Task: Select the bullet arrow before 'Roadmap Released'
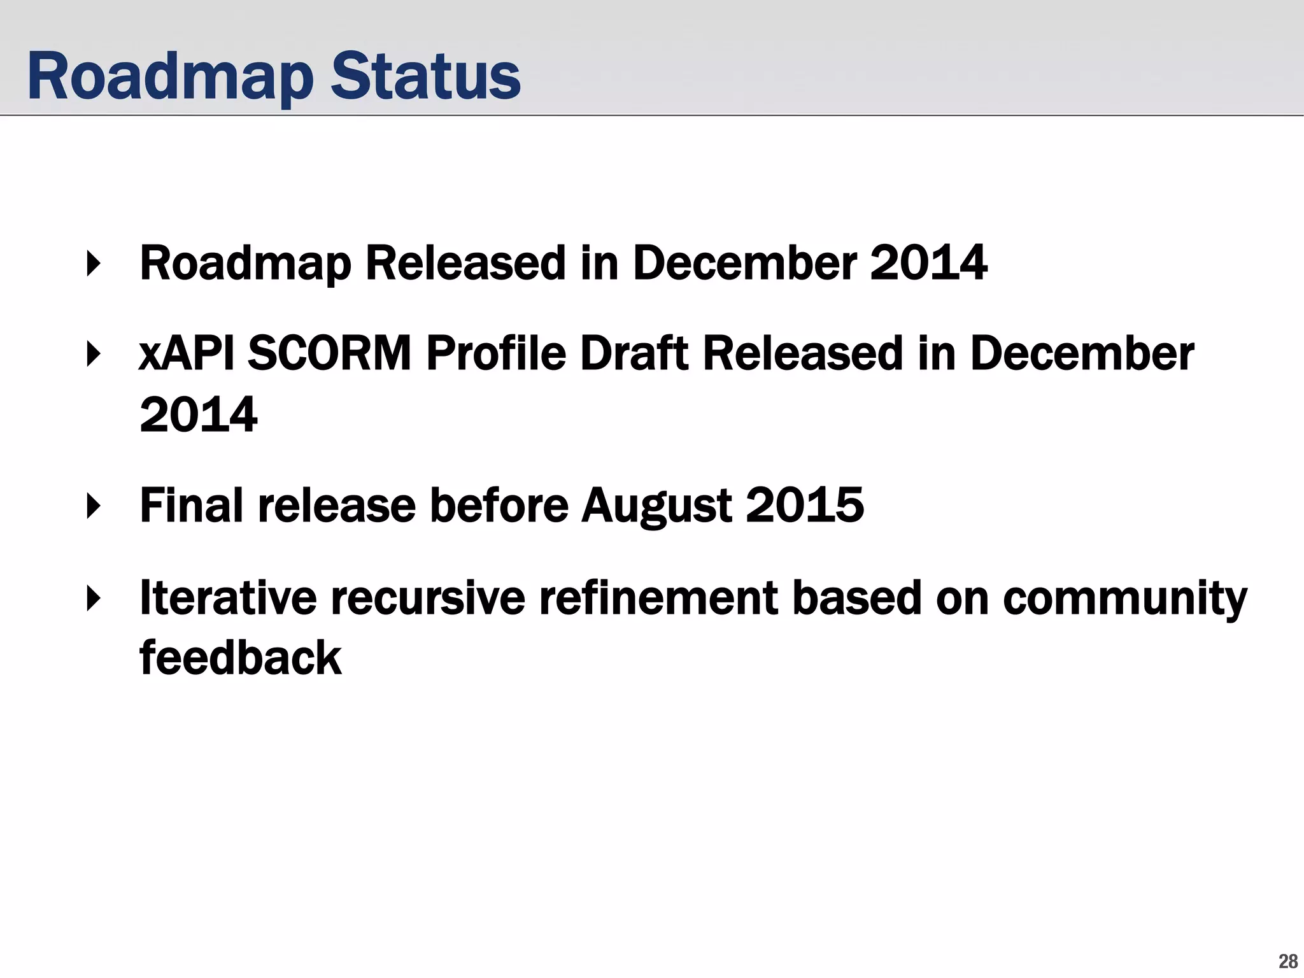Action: (x=94, y=264)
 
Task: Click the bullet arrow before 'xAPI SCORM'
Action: (x=94, y=354)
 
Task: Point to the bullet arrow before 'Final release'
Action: (x=94, y=506)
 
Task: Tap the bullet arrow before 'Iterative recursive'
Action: (x=94, y=599)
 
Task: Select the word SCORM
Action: (x=329, y=354)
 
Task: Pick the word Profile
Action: (x=496, y=354)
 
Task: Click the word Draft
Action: (x=634, y=354)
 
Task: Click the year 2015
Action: (x=804, y=506)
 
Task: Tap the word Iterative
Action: (x=228, y=599)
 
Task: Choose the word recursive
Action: (x=428, y=599)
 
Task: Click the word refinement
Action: (x=658, y=599)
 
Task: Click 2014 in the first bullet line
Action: (x=928, y=264)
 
